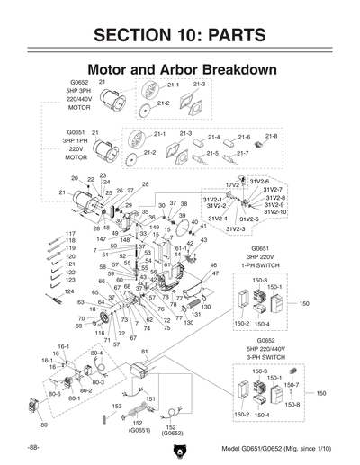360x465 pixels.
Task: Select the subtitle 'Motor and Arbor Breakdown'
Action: click(179, 69)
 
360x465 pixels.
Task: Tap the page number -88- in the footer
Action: click(33, 447)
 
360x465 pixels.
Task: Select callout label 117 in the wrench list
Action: click(70, 234)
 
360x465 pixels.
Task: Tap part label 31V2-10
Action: click(274, 211)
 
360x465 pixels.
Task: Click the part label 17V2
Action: click(231, 185)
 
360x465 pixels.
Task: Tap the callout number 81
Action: click(144, 351)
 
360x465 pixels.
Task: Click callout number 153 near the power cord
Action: click(116, 407)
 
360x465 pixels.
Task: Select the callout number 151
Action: click(151, 398)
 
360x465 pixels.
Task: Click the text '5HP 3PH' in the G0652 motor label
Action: click(78, 91)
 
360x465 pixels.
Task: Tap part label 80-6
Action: click(54, 394)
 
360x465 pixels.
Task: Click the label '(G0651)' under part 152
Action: click(139, 430)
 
